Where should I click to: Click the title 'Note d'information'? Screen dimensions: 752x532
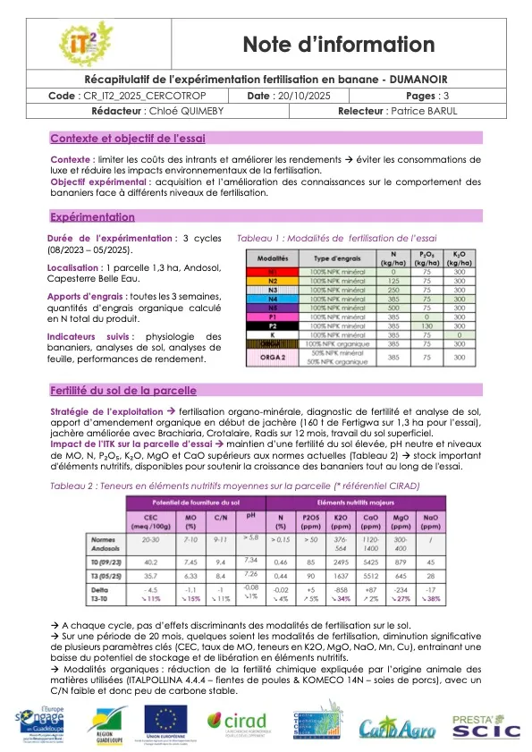click(x=339, y=45)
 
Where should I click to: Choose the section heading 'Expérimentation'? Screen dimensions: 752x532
click(x=92, y=217)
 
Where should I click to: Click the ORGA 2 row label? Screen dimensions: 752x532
click(x=273, y=357)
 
